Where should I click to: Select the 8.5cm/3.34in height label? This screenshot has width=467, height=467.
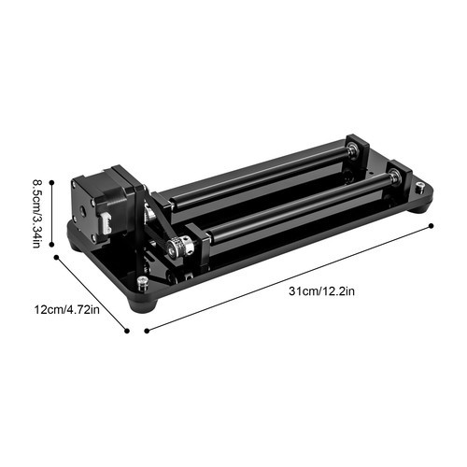[35, 214]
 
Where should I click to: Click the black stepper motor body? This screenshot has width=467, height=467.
[107, 205]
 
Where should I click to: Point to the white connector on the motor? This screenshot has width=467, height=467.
[105, 225]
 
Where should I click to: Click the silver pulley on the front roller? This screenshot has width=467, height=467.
[179, 248]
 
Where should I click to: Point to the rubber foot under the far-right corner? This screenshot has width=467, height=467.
[422, 203]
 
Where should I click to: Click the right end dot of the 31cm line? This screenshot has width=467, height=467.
[431, 224]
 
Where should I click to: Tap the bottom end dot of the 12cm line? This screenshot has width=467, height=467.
[128, 329]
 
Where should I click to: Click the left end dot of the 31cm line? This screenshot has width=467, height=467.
[146, 328]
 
